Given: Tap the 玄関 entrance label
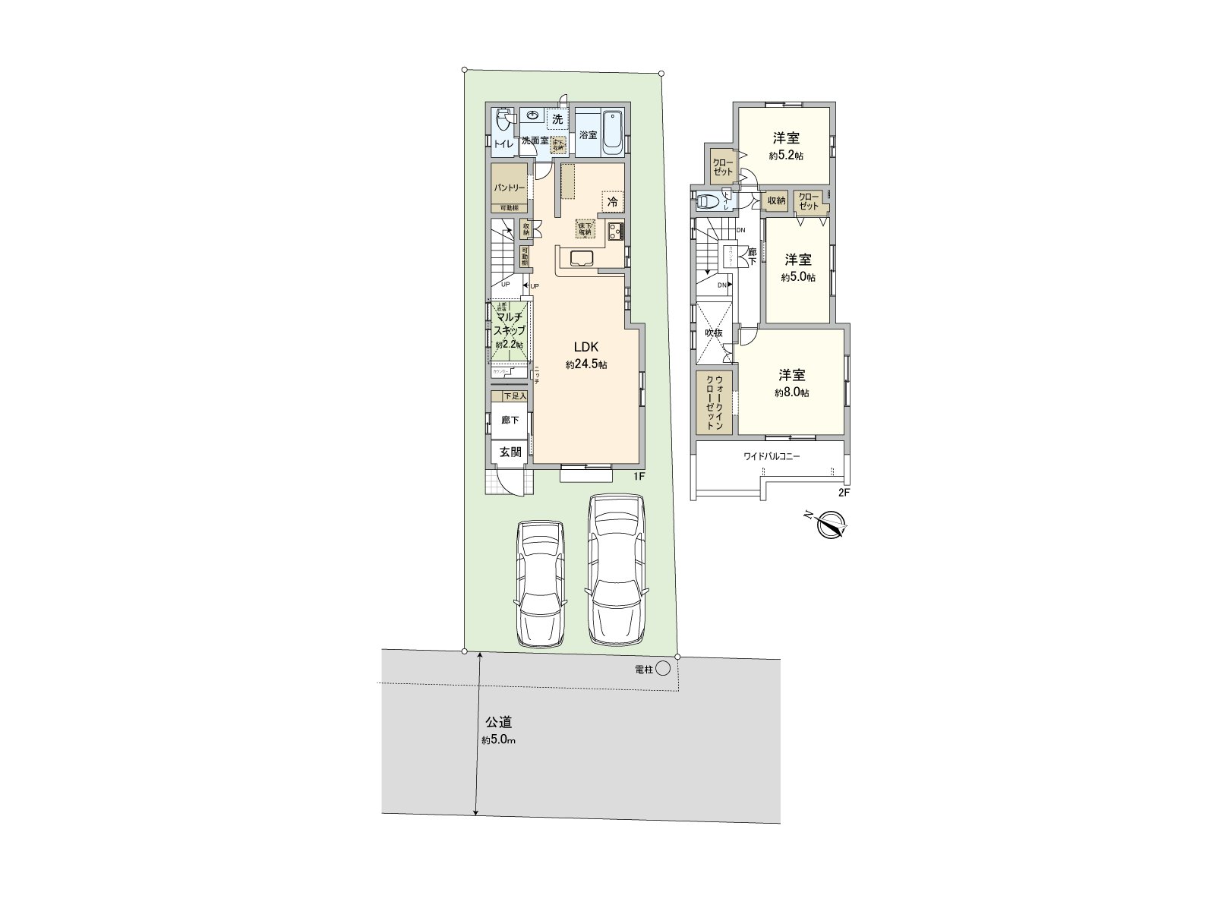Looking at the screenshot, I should (510, 452).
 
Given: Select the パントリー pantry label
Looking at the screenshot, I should (509, 187).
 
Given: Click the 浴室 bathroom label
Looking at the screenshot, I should (588, 135).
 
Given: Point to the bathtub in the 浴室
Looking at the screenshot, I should (614, 133).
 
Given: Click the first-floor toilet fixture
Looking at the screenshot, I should (503, 122).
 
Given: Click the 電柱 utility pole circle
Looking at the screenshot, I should (663, 668).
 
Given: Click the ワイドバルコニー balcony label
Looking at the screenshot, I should (772, 457).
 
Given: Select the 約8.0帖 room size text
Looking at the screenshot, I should (791, 393).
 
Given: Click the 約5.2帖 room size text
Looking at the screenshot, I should (786, 156).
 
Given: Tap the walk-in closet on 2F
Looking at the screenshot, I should (714, 402).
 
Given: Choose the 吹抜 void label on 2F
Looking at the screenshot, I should (713, 333).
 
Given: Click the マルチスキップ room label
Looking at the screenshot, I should (510, 324).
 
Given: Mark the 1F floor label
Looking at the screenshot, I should (639, 476).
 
